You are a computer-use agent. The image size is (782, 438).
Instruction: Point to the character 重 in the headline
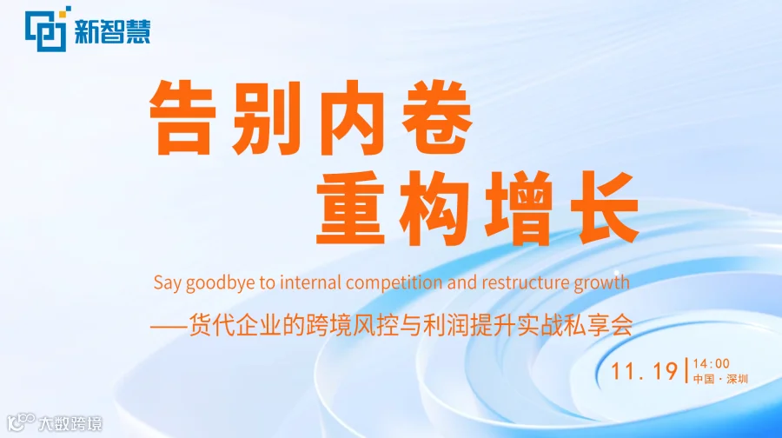point(350,209)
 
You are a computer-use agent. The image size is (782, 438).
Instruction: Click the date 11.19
point(644,370)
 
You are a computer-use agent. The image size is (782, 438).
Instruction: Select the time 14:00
point(711,363)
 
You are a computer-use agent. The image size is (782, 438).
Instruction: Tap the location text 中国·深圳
point(720,379)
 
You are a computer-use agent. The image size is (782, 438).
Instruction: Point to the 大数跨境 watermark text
point(70,423)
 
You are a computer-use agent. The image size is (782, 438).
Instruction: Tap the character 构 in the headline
point(434,209)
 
